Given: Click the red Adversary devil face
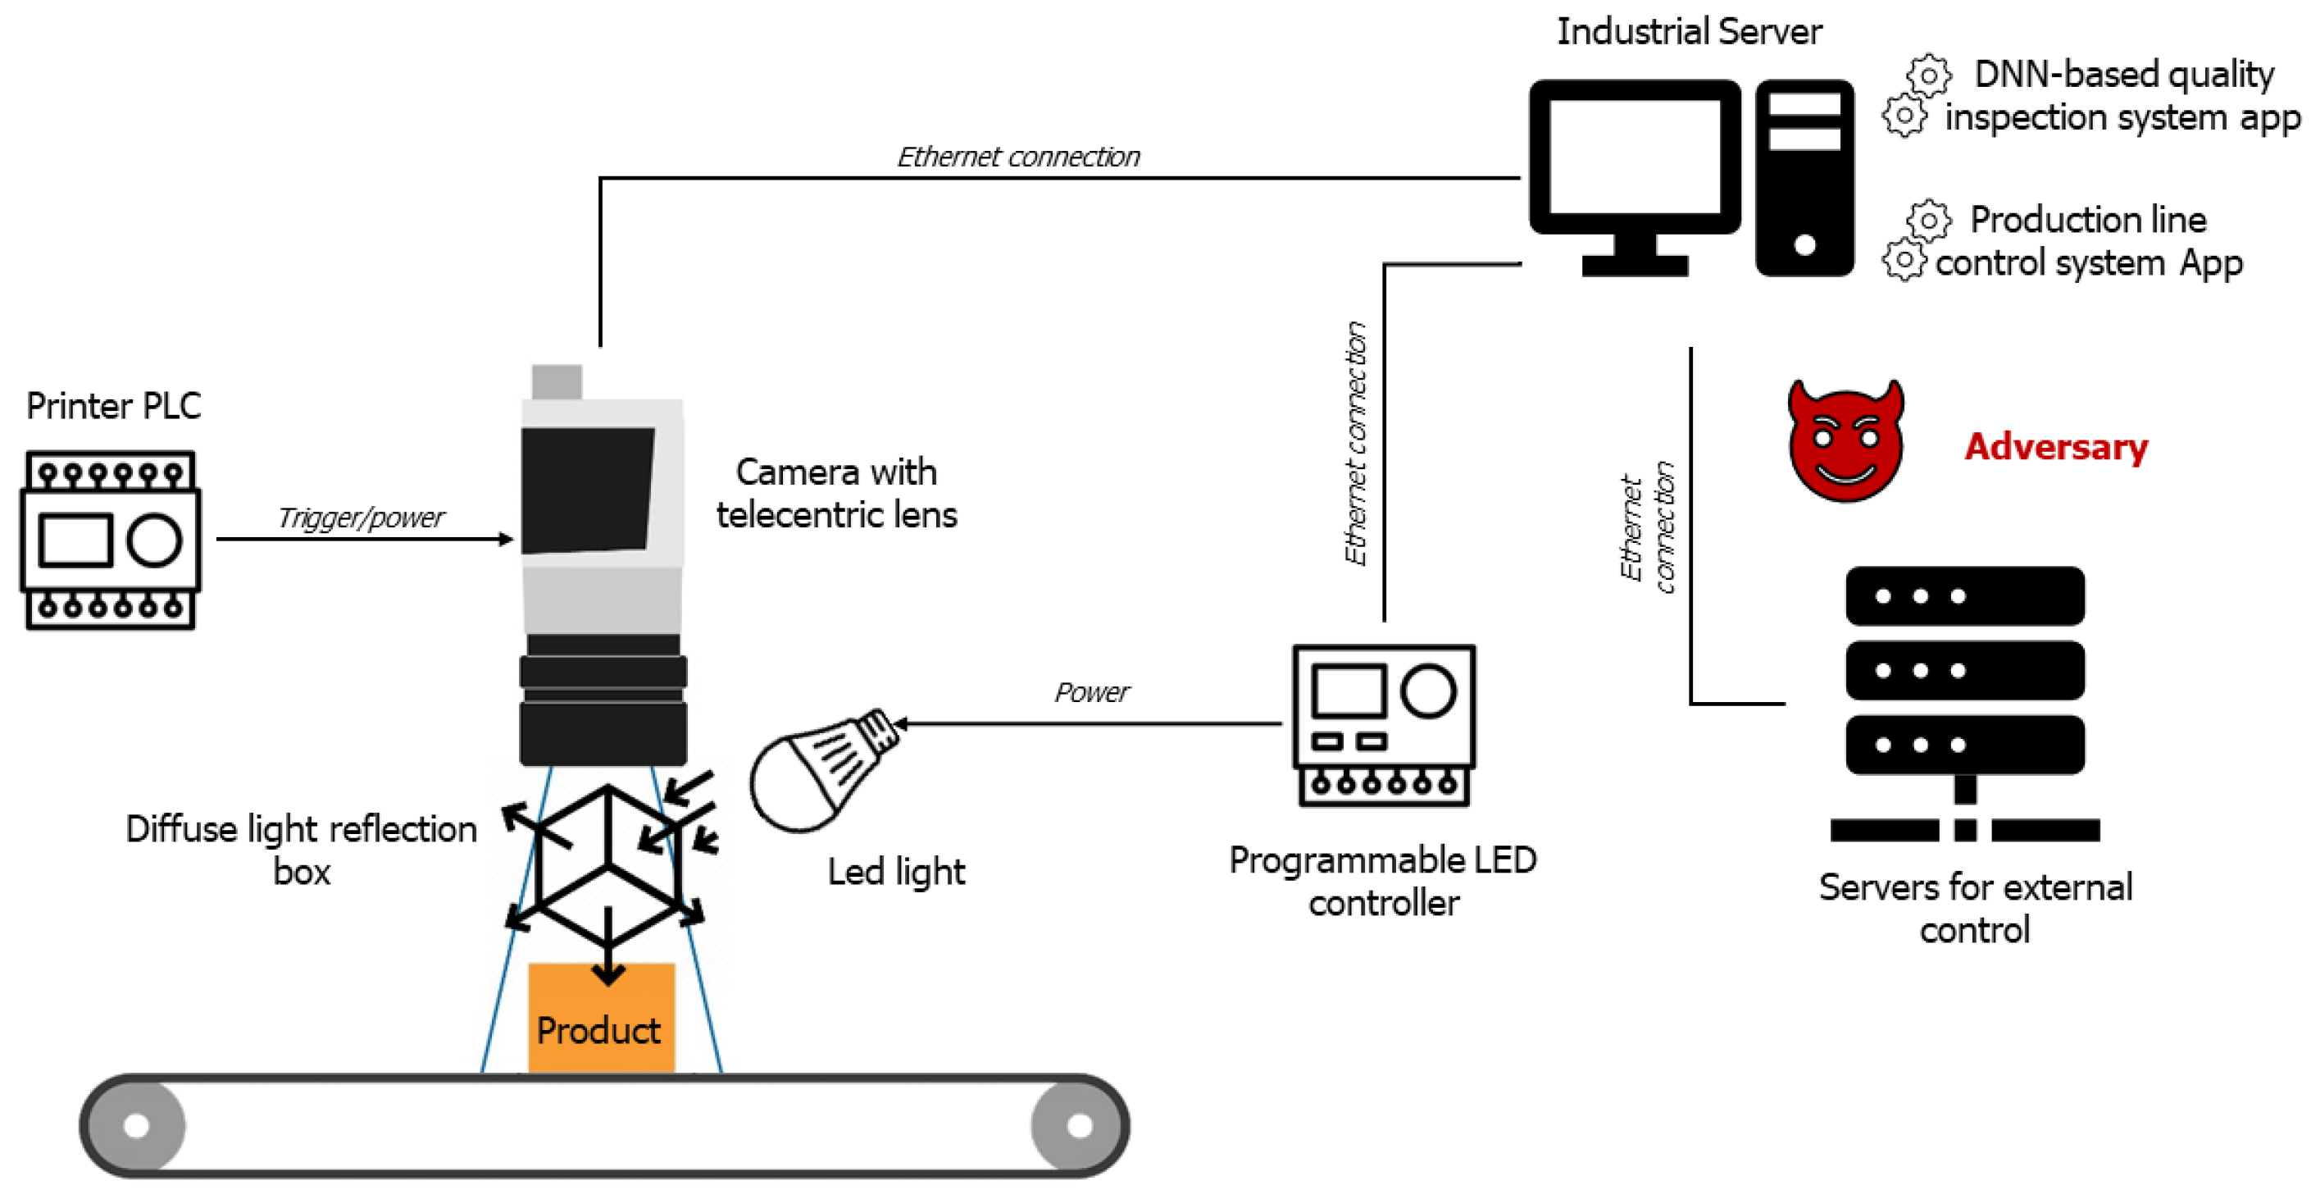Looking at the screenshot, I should pyautogui.click(x=1845, y=441).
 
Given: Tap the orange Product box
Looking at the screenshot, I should pyautogui.click(x=601, y=1019).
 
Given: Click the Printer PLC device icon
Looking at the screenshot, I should pyautogui.click(x=111, y=540).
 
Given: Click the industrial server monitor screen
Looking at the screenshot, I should pyautogui.click(x=1635, y=157).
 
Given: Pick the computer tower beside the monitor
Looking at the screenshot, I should pyautogui.click(x=1804, y=178).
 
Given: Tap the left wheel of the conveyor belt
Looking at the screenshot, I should pyautogui.click(x=136, y=1125).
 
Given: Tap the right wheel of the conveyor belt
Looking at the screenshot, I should pyautogui.click(x=1079, y=1125).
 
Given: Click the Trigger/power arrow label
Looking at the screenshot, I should pyautogui.click(x=361, y=517).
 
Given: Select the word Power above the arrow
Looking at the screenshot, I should pyautogui.click(x=1091, y=692).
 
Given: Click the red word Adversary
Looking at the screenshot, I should pyautogui.click(x=2056, y=446).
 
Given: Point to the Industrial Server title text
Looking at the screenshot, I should pyautogui.click(x=1689, y=31).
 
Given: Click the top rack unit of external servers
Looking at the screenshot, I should pyautogui.click(x=1965, y=596).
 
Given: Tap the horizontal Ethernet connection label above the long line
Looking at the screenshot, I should pyautogui.click(x=1018, y=157).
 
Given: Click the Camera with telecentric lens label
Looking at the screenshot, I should pyautogui.click(x=836, y=493).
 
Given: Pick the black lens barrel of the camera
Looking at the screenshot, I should pyautogui.click(x=603, y=700).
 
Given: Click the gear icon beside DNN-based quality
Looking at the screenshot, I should pyautogui.click(x=1928, y=76).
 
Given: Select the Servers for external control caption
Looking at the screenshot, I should pyautogui.click(x=1975, y=907).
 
